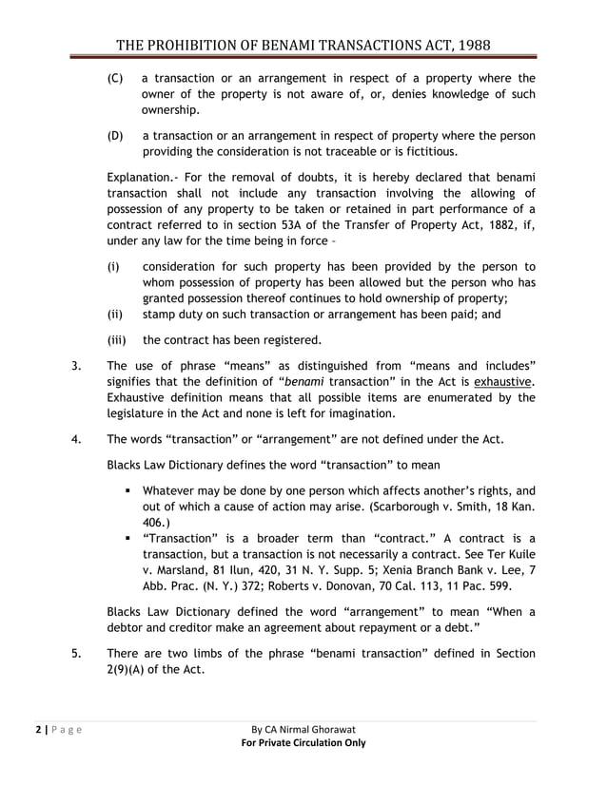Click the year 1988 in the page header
[x=471, y=47]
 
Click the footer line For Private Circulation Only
[x=303, y=742]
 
